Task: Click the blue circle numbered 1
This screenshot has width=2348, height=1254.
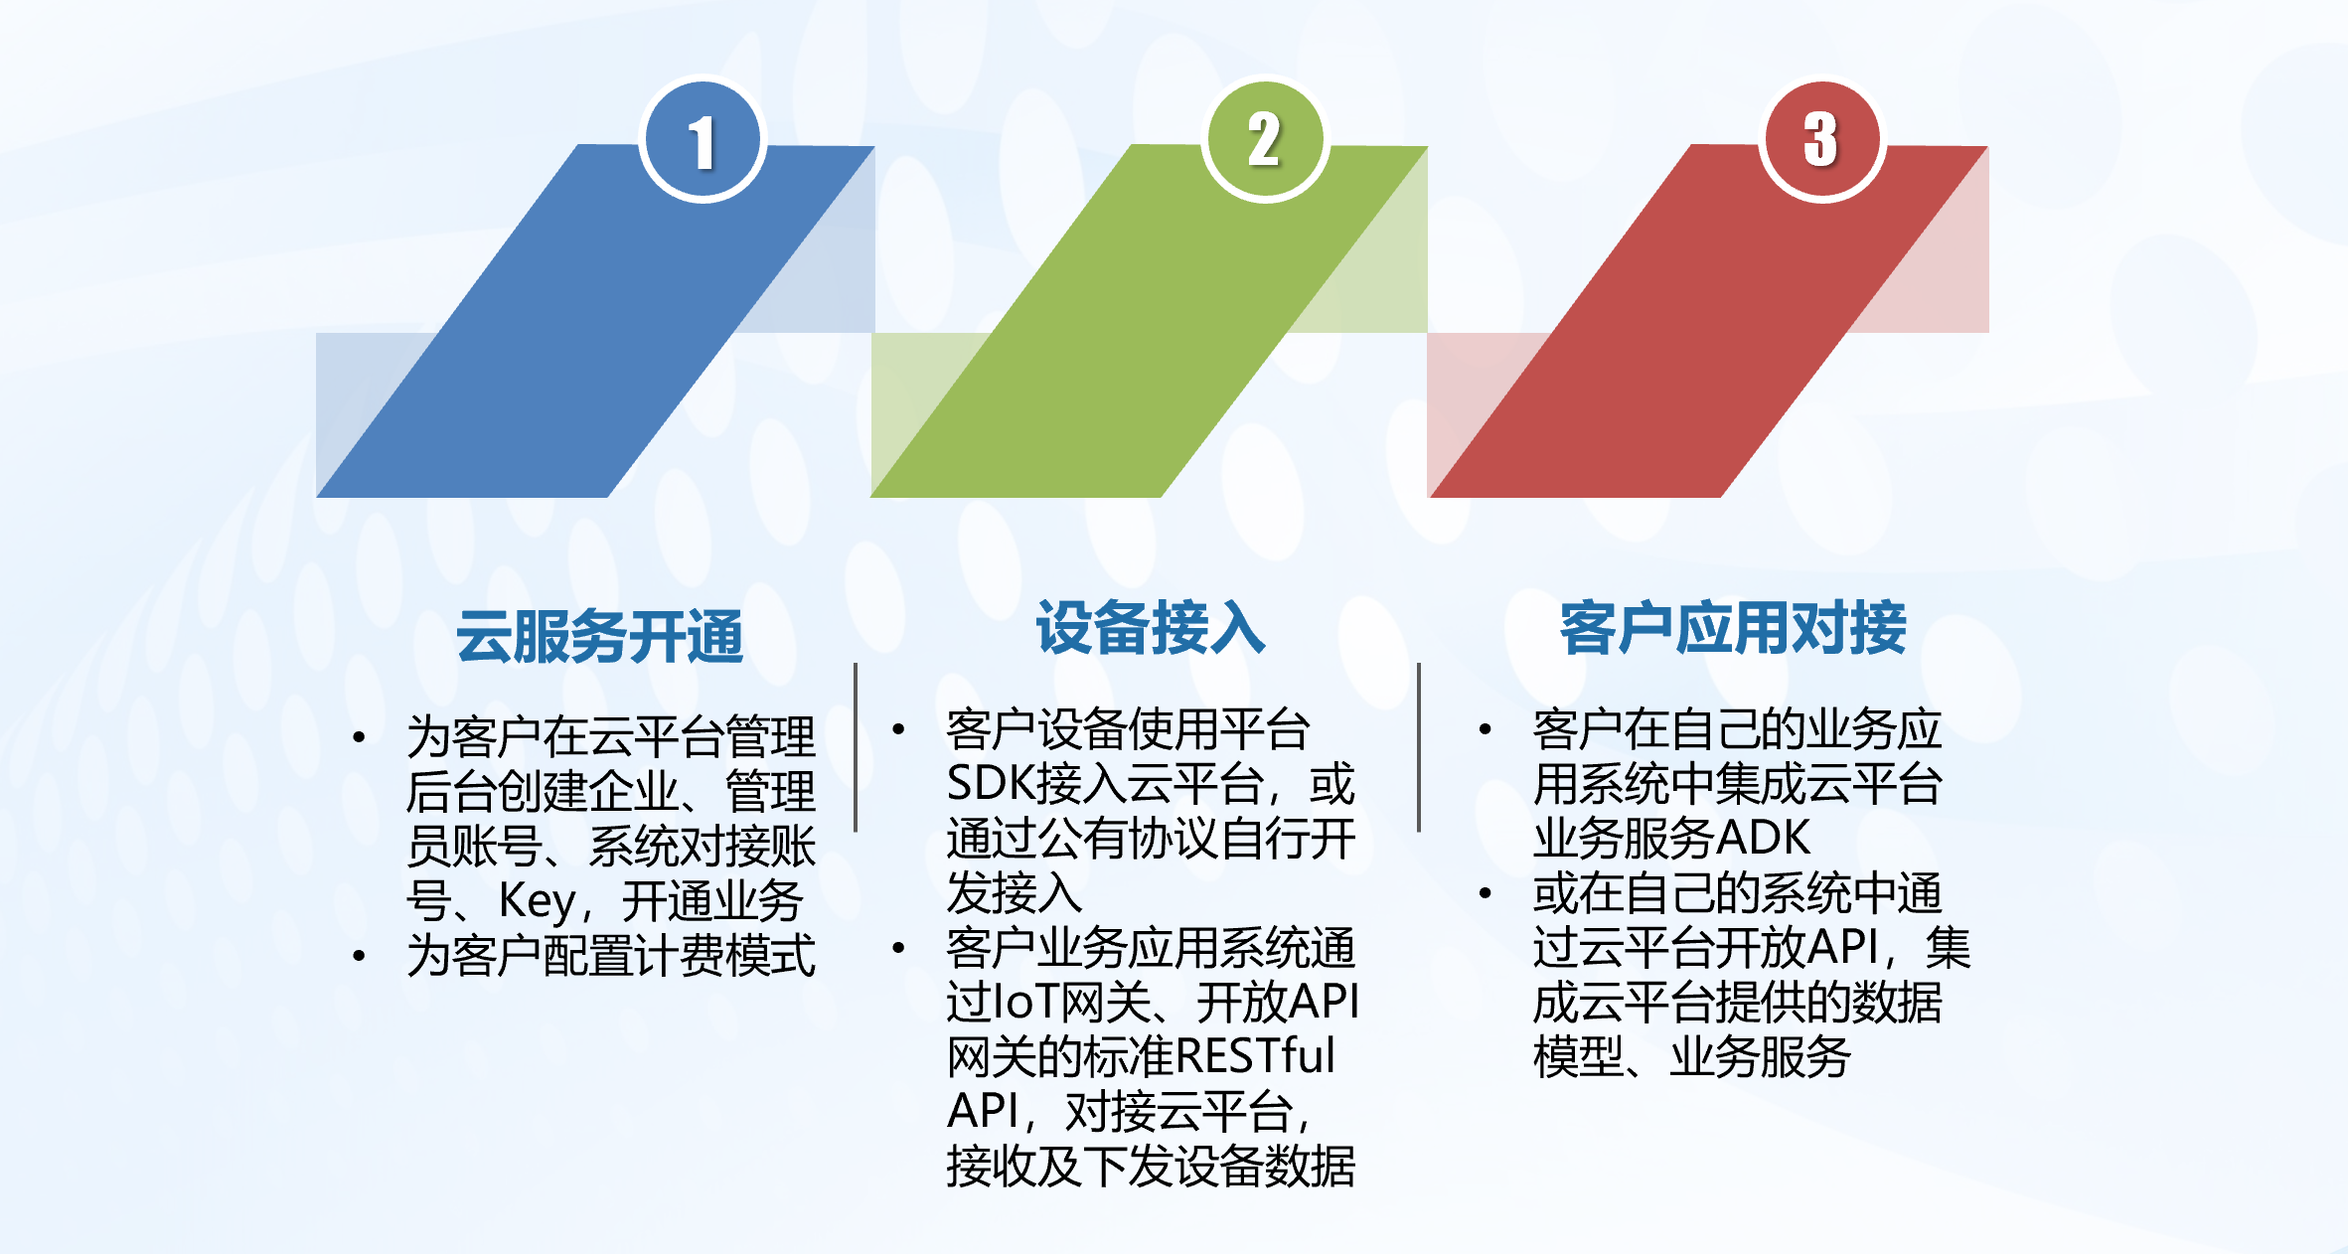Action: [703, 139]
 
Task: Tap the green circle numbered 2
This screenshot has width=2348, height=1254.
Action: [1265, 139]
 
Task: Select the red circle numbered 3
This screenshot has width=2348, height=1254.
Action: [1822, 139]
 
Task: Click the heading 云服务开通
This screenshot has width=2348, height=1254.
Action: [600, 636]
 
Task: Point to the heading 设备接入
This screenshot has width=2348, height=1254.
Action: [1151, 628]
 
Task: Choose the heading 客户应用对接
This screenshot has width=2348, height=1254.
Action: [1733, 628]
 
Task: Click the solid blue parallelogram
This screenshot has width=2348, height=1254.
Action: [596, 321]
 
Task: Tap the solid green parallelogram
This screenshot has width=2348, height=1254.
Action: [1150, 321]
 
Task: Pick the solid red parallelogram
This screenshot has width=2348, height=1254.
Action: [1709, 321]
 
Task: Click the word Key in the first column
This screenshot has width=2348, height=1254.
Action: [537, 902]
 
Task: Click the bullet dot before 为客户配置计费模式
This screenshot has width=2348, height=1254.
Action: [359, 956]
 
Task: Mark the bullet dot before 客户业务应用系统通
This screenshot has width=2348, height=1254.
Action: [898, 948]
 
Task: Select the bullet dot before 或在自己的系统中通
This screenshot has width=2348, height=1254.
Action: [1486, 893]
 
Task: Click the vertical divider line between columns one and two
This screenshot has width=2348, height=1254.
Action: [856, 747]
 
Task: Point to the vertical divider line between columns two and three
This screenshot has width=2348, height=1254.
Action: [1419, 747]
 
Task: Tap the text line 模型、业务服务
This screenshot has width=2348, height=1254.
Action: [1692, 1056]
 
